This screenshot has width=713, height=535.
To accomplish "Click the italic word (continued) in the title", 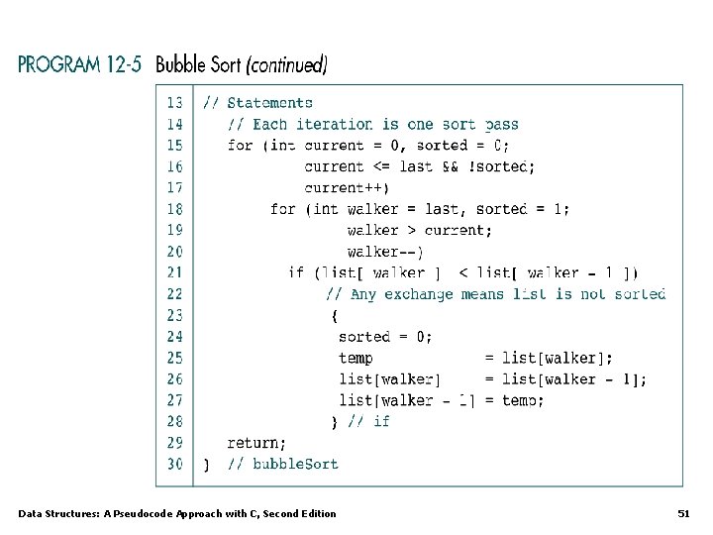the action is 286,65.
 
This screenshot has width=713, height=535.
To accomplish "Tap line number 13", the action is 174,103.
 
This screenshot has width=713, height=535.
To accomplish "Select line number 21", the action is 174,272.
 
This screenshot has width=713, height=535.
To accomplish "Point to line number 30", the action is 174,464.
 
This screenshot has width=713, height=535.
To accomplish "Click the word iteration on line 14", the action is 333,125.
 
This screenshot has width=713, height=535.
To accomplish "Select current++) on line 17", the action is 347,188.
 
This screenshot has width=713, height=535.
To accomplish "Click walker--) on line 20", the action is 385,252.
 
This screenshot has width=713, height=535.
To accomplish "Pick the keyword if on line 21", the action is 296,272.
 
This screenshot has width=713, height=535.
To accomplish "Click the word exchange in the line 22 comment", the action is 419,294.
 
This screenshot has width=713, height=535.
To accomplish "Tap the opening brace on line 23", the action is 335,316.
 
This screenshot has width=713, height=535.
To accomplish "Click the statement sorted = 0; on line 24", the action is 385,337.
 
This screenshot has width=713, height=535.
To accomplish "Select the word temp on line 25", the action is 356,358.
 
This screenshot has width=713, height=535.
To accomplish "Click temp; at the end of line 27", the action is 523,400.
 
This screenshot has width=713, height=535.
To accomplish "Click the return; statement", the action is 256,443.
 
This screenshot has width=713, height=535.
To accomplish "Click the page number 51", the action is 683,513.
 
